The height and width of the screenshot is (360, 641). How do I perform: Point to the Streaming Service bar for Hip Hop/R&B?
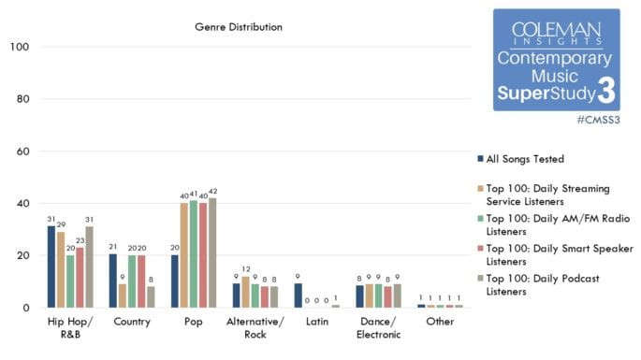[61, 269]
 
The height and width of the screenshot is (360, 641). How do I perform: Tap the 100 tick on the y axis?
[23, 47]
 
